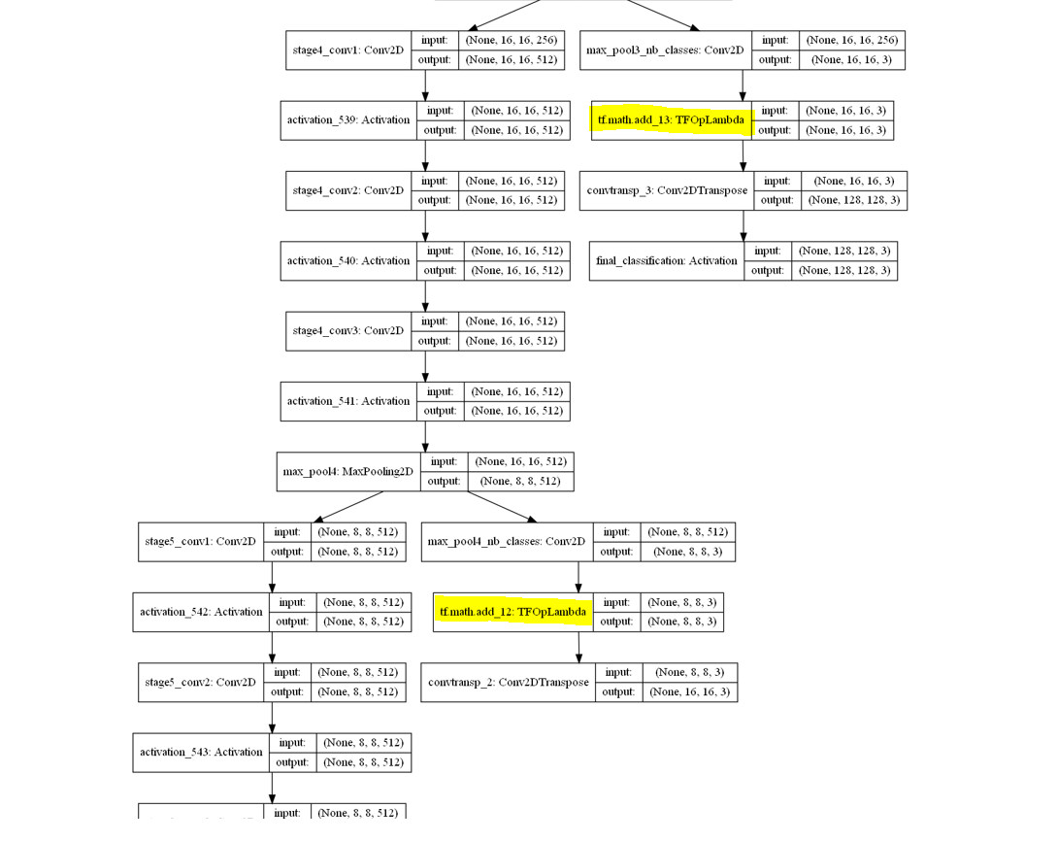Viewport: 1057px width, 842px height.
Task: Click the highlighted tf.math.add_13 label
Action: [x=672, y=120]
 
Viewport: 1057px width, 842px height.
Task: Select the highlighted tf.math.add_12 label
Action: [x=512, y=612]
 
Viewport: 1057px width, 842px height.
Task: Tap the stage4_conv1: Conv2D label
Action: [x=347, y=51]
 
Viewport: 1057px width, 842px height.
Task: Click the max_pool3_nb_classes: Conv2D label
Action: [x=665, y=51]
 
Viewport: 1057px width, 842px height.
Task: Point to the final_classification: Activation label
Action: [x=667, y=260]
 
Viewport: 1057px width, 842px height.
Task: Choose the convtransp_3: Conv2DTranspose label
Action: [x=667, y=190]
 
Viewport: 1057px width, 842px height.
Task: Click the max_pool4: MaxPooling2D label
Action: [x=347, y=472]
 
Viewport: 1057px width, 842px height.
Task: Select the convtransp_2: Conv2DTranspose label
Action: [x=508, y=682]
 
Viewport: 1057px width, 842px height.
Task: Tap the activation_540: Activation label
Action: [x=347, y=260]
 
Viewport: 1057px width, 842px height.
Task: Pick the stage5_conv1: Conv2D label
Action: [x=200, y=542]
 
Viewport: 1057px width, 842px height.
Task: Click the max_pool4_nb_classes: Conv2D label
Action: [x=507, y=542]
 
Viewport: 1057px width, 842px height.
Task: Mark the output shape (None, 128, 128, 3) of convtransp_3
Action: [x=854, y=200]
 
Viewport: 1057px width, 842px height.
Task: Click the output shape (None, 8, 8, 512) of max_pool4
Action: [x=520, y=481]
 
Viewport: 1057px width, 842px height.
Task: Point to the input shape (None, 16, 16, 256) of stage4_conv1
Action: [x=512, y=41]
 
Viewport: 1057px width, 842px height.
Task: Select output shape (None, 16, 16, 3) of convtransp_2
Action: [x=689, y=691]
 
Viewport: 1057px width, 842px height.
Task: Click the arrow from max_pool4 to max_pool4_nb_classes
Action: [x=500, y=506]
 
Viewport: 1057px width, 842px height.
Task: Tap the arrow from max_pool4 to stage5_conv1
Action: [x=349, y=506]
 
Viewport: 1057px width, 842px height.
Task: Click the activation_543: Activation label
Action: [x=200, y=753]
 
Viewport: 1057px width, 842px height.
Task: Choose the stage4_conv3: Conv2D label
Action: [x=347, y=331]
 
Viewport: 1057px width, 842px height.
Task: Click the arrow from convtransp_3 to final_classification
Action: [x=743, y=225]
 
